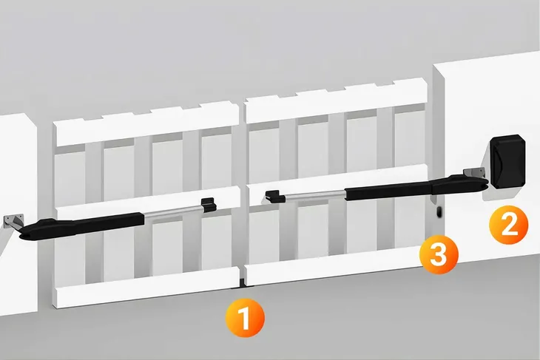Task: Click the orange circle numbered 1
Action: (x=245, y=318)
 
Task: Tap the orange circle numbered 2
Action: (x=509, y=225)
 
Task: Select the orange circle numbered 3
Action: (x=439, y=255)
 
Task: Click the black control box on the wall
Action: (x=507, y=161)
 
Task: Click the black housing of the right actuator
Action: (x=416, y=187)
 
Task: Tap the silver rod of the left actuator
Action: (x=173, y=214)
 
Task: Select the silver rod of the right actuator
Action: (x=314, y=196)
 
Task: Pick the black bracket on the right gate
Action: (x=274, y=197)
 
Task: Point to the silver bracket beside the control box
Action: (x=474, y=173)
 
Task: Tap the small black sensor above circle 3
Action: (x=439, y=211)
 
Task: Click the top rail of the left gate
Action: (x=146, y=125)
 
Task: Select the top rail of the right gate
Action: (x=336, y=100)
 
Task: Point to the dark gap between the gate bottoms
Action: (x=243, y=281)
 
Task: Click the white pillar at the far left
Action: (x=17, y=214)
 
